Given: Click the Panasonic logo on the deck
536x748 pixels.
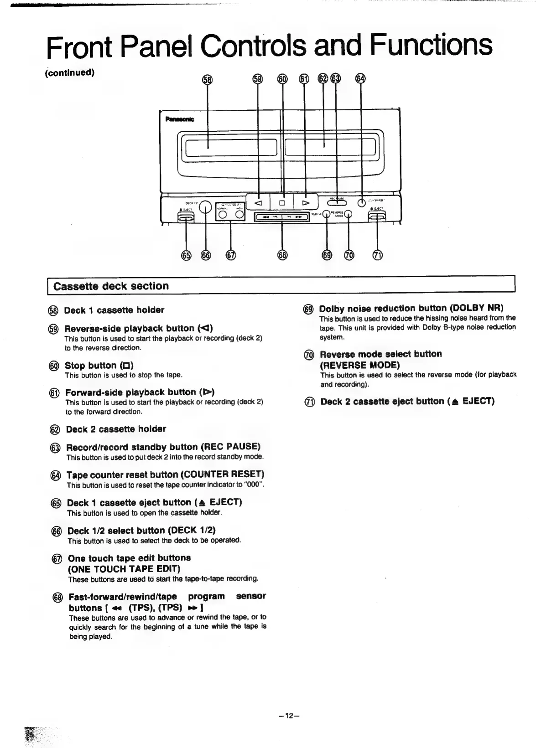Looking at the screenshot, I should coord(179,119).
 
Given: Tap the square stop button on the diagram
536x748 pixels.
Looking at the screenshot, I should coord(282,202).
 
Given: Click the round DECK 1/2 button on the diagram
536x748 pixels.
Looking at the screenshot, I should coord(206,207).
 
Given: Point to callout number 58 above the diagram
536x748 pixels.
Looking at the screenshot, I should coord(208,79).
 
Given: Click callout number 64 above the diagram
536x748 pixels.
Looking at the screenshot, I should coord(361,79).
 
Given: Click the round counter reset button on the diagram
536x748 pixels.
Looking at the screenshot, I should coord(362,203).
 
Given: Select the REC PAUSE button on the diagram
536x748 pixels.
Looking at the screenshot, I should coord(338,203).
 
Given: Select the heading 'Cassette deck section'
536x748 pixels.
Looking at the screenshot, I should coord(111,286).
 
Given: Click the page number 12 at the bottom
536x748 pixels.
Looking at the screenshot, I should coord(288,716).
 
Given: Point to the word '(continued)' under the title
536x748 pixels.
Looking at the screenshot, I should coord(70,73).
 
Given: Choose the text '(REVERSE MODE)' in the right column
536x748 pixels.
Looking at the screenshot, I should coord(359,365).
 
